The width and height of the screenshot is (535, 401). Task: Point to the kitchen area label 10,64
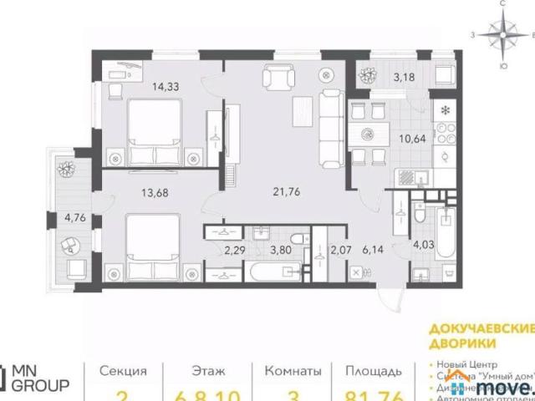click(x=410, y=140)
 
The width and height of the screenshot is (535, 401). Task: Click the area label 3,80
click(x=270, y=248)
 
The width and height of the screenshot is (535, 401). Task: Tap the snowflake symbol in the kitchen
click(x=446, y=110)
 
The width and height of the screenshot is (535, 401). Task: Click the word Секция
click(x=123, y=370)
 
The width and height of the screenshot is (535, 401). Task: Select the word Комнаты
click(x=292, y=370)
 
